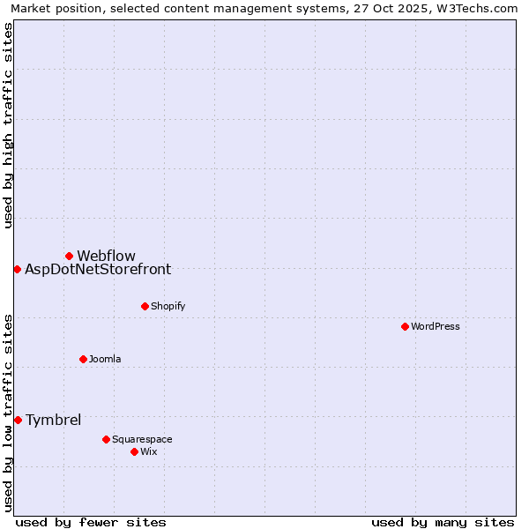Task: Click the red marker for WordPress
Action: click(405, 326)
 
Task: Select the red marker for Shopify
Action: click(145, 306)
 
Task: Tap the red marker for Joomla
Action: click(83, 359)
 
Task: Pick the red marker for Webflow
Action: click(69, 256)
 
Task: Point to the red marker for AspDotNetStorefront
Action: click(17, 269)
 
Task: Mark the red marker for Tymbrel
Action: click(18, 420)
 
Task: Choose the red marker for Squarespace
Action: click(106, 439)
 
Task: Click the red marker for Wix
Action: click(134, 451)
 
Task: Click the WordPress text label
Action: click(436, 326)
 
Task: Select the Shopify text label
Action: click(168, 306)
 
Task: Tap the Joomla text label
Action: click(105, 359)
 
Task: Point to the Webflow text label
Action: click(106, 256)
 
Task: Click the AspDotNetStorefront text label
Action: click(98, 269)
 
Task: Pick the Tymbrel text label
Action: click(53, 420)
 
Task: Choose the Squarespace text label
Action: click(142, 439)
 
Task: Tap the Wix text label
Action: click(148, 451)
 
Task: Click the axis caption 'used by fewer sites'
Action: click(91, 522)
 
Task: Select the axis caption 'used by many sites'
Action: click(443, 522)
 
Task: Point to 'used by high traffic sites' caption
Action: click(8, 125)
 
